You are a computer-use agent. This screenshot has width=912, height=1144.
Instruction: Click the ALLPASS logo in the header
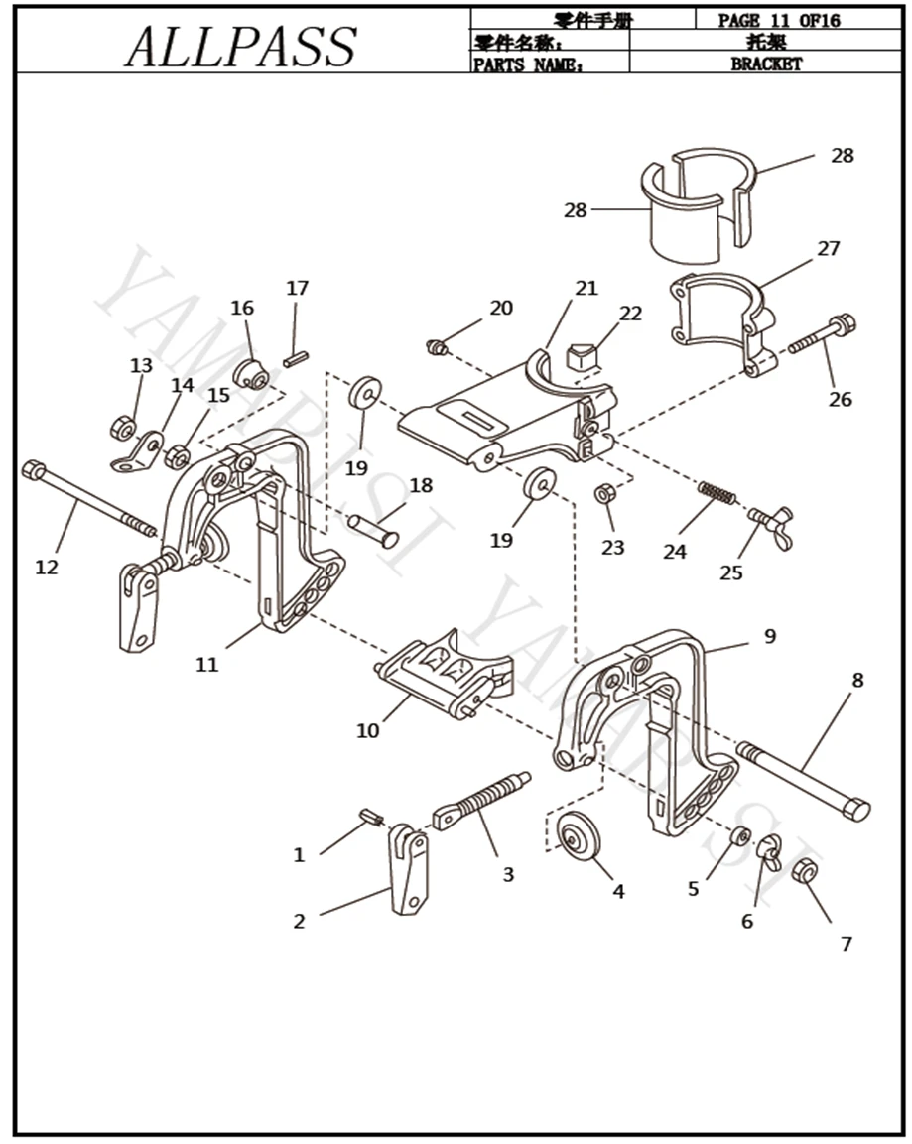(241, 46)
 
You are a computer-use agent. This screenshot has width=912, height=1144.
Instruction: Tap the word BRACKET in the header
(766, 64)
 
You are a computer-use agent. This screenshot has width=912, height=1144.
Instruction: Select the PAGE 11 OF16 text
(779, 20)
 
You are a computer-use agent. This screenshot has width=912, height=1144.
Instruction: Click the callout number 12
(47, 567)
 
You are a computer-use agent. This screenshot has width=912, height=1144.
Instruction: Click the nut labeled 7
(805, 873)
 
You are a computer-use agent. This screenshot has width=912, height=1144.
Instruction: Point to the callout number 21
(586, 288)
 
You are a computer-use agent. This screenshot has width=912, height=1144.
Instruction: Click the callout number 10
(367, 730)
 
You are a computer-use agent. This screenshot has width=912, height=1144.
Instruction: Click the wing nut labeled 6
(768, 851)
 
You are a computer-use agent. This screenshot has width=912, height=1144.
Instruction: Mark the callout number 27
(829, 248)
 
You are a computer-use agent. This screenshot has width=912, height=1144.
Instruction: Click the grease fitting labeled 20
(436, 346)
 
